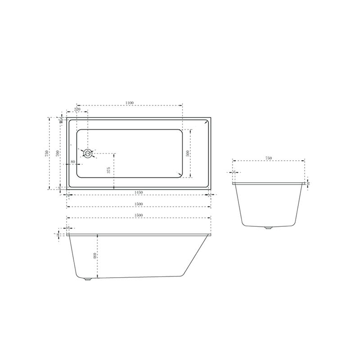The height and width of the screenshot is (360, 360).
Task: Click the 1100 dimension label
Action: point(130,103)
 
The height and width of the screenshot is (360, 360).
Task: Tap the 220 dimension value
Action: point(77,109)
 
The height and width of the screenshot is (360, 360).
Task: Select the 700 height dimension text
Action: point(57,153)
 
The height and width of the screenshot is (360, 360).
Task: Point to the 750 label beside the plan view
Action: point(47,153)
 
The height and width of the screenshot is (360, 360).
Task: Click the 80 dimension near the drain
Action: point(73,162)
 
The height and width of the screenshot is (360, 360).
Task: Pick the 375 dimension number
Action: point(108,170)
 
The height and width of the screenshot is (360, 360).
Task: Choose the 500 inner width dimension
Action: point(187,153)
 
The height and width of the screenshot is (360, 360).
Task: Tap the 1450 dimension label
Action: point(139,192)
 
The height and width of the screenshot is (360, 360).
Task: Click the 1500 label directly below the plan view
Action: point(139,204)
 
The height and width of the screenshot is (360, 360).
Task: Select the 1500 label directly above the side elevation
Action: point(139,216)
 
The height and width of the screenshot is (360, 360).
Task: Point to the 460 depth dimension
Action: point(94,256)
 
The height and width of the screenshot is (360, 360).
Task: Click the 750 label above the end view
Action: point(269,158)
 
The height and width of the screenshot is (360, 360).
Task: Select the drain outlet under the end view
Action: point(269,229)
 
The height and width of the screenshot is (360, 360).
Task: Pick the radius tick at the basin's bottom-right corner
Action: point(180,174)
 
